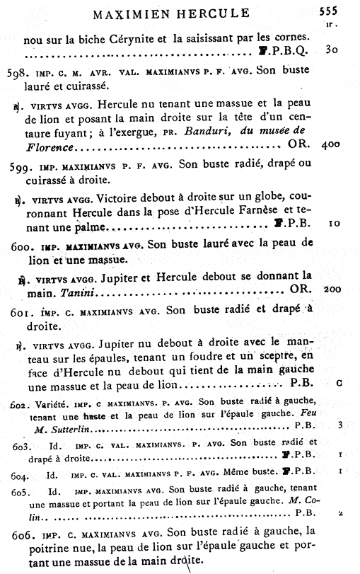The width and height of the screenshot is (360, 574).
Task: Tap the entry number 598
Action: click(x=18, y=72)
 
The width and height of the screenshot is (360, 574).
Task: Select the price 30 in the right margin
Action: click(x=332, y=51)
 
